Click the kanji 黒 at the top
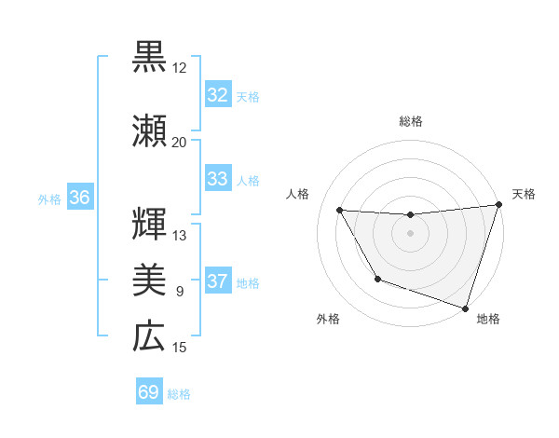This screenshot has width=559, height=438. (149, 57)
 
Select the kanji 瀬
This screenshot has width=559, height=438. (149, 131)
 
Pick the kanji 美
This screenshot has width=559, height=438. (149, 280)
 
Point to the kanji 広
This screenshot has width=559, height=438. (149, 336)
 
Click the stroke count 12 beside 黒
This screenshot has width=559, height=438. (180, 68)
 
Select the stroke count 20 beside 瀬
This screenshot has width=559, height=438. (180, 143)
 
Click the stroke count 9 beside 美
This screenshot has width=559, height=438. (180, 292)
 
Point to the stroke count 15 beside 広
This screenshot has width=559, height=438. (180, 348)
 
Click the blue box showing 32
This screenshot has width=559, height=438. (217, 95)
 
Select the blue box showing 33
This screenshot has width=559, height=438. (217, 180)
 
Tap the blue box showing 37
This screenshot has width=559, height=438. (217, 282)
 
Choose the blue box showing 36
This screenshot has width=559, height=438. (79, 198)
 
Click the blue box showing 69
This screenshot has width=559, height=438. (149, 392)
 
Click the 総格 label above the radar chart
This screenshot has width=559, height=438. (410, 122)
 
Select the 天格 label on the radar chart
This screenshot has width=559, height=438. (524, 194)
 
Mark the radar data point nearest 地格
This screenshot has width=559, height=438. (465, 308)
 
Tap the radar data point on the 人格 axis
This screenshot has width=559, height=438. (340, 211)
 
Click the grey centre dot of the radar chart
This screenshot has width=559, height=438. (410, 233)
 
